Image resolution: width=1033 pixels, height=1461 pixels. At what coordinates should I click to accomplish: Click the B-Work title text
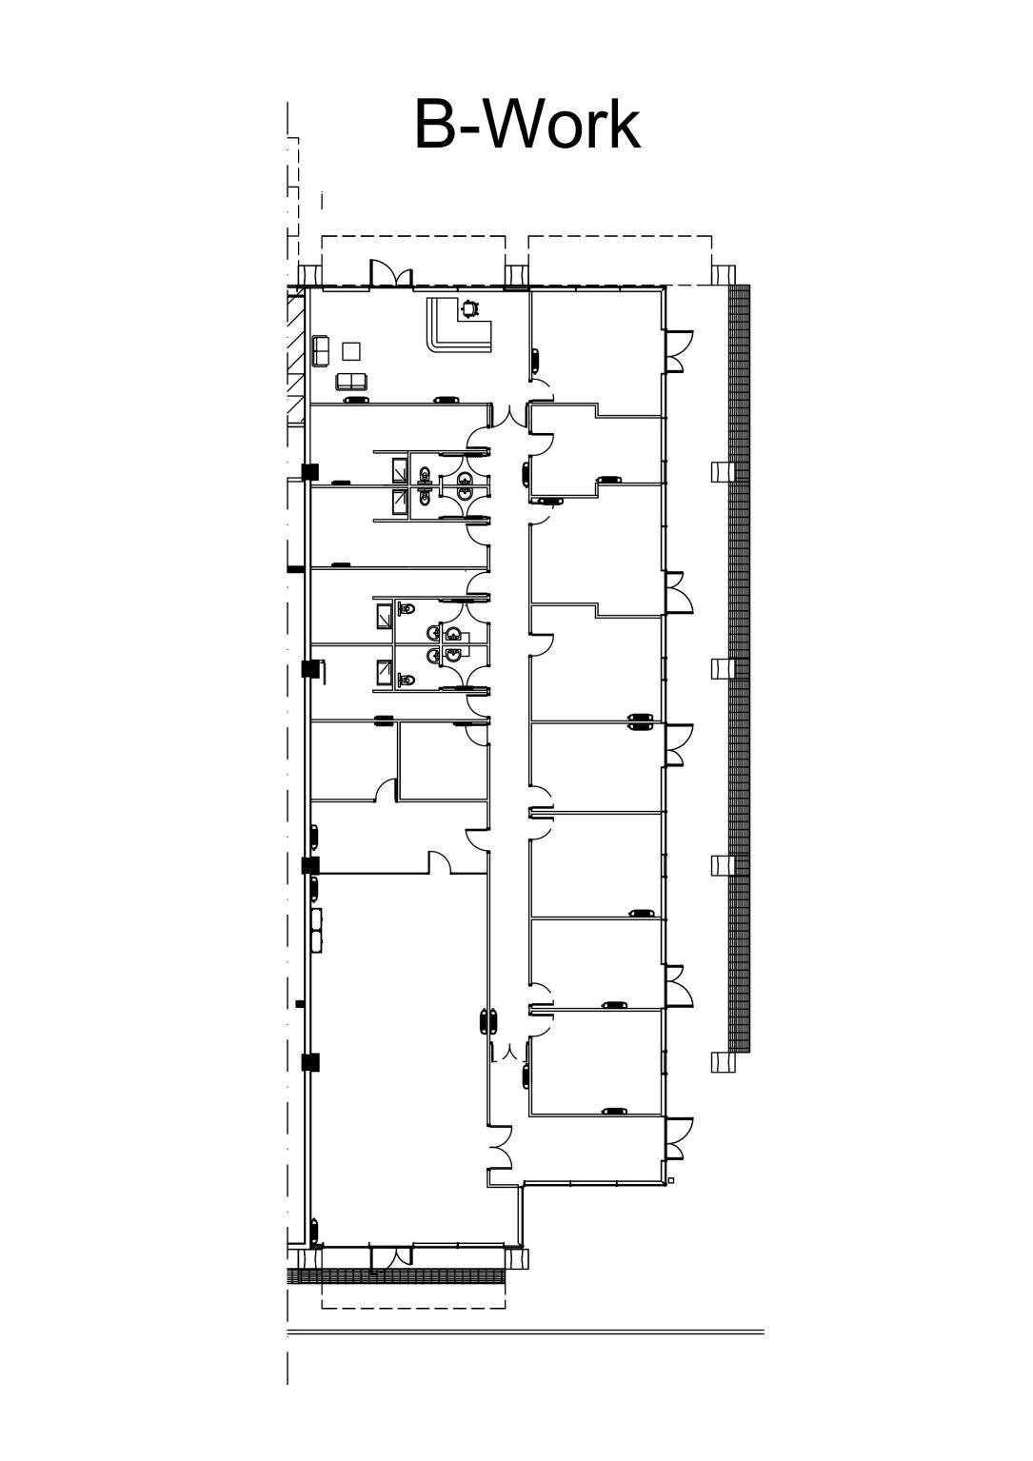(x=526, y=125)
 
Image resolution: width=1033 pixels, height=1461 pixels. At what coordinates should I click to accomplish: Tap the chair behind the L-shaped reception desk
(x=468, y=307)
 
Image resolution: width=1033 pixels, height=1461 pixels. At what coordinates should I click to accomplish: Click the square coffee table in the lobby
(x=351, y=351)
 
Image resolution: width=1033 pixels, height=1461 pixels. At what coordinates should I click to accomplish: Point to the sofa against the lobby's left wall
(x=320, y=351)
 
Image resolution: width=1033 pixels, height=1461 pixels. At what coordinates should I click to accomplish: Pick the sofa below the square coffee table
(x=351, y=382)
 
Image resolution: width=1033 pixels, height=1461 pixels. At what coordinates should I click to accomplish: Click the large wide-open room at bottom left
(x=400, y=1047)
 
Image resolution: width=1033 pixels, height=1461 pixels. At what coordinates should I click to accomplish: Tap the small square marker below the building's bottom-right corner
(x=671, y=1181)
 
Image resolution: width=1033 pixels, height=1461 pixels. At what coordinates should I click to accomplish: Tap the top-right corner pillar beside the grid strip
(x=723, y=274)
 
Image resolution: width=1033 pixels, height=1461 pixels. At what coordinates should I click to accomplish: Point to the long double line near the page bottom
(x=526, y=1333)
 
